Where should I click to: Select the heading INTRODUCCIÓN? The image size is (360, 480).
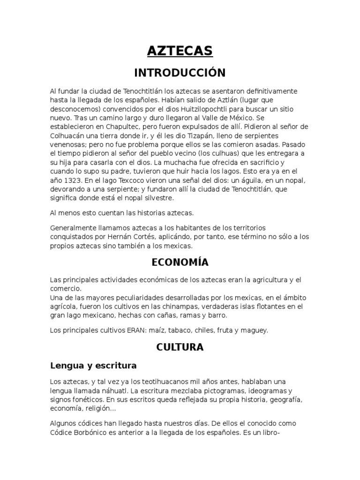(x=180, y=73)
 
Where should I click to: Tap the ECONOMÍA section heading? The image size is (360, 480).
(x=180, y=262)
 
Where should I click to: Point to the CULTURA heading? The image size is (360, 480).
(x=180, y=347)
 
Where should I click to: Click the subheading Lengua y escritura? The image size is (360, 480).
(x=93, y=365)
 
